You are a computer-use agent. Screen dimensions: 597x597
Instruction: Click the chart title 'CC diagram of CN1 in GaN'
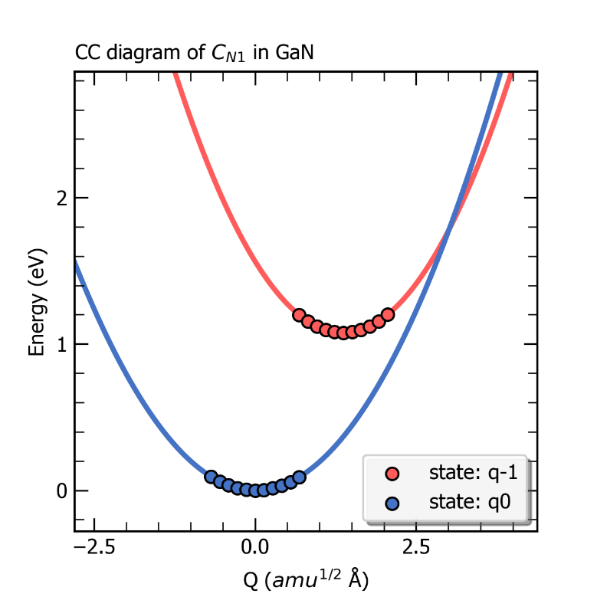[x=195, y=53]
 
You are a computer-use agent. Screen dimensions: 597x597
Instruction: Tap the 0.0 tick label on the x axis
[x=254, y=549]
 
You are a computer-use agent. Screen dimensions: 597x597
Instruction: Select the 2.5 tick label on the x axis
[x=416, y=549]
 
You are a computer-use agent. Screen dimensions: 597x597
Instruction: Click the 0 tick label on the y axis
[x=61, y=490]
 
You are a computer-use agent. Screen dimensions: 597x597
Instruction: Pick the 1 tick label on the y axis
[x=61, y=344]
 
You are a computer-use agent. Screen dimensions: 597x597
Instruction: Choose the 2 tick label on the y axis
[x=61, y=198]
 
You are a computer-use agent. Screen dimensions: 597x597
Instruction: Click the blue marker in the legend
[x=392, y=503]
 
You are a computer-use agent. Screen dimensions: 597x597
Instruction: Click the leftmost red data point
[x=299, y=315]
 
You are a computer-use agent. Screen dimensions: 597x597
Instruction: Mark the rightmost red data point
[x=388, y=314]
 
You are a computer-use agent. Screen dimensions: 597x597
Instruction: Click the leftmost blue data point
[x=211, y=477]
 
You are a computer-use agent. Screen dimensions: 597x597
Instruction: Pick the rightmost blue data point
[x=300, y=477]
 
